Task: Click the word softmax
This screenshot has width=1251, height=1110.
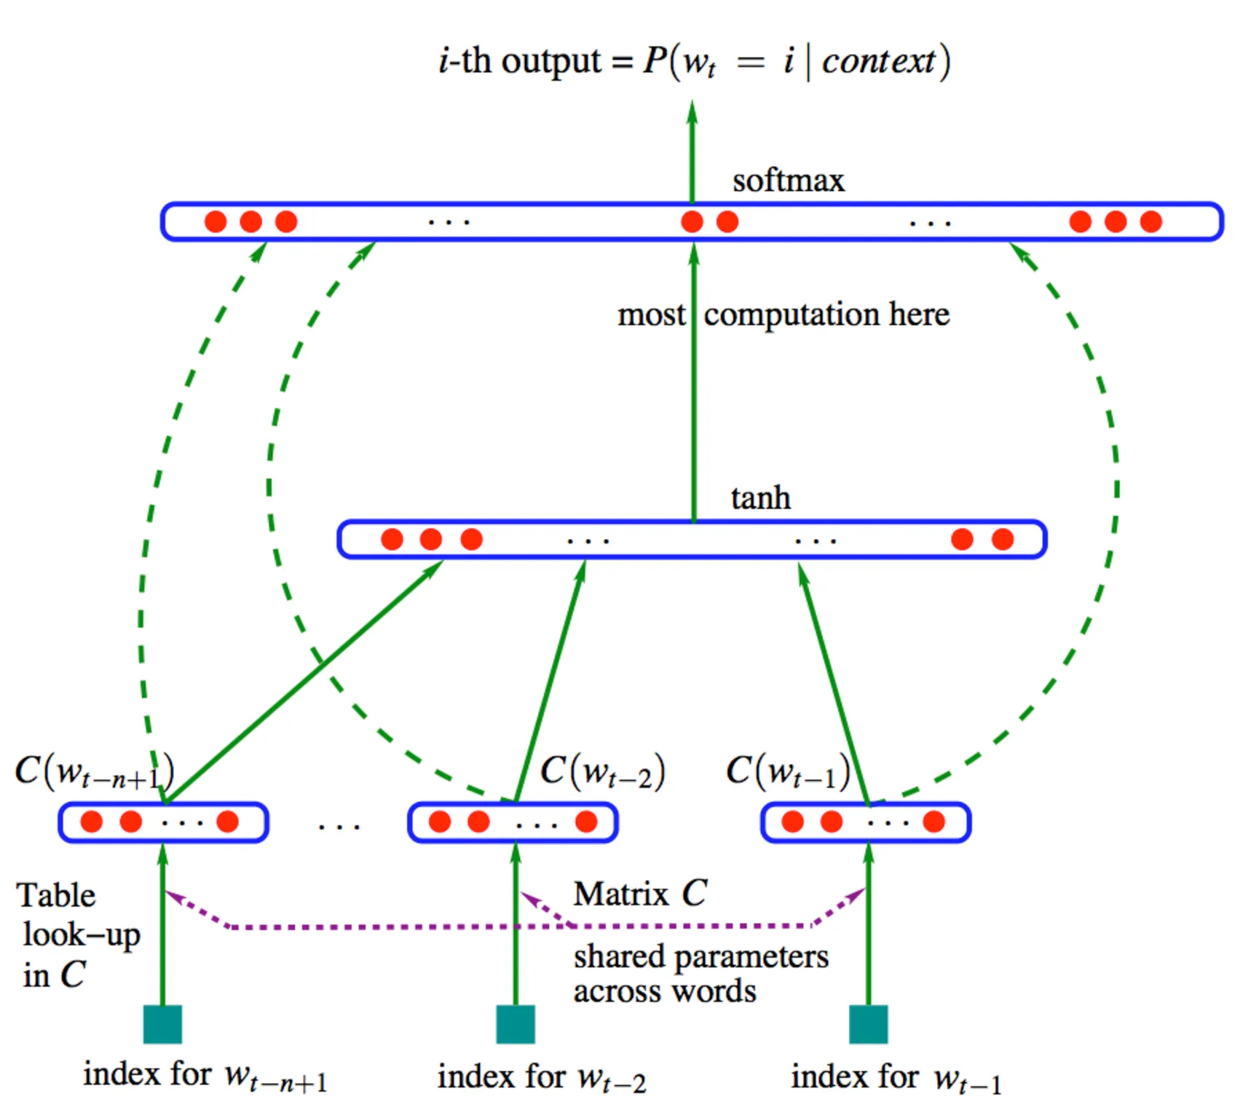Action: [x=788, y=181]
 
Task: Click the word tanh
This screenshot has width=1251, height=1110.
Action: [x=760, y=498]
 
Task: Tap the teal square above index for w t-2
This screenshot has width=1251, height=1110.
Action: [x=516, y=1024]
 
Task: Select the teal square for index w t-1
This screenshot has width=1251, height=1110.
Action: [x=868, y=1024]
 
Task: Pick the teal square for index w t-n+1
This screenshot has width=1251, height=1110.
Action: [x=162, y=1024]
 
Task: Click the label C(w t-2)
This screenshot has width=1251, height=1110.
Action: [x=602, y=772]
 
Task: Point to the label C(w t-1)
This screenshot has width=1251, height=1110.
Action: [x=788, y=772]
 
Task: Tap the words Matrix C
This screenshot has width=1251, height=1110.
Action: [x=640, y=894]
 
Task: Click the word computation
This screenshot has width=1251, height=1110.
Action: [x=792, y=315]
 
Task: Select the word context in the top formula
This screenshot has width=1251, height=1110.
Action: [x=878, y=61]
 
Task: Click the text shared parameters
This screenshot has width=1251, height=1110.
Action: [x=701, y=956]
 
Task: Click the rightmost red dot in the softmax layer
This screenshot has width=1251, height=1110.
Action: [x=1151, y=221]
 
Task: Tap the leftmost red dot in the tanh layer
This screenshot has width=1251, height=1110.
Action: [x=392, y=539]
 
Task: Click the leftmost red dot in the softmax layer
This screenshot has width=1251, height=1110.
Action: [x=216, y=221]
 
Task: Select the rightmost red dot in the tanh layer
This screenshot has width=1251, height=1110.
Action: [x=1003, y=539]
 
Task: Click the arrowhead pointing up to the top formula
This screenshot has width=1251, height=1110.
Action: [x=692, y=113]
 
